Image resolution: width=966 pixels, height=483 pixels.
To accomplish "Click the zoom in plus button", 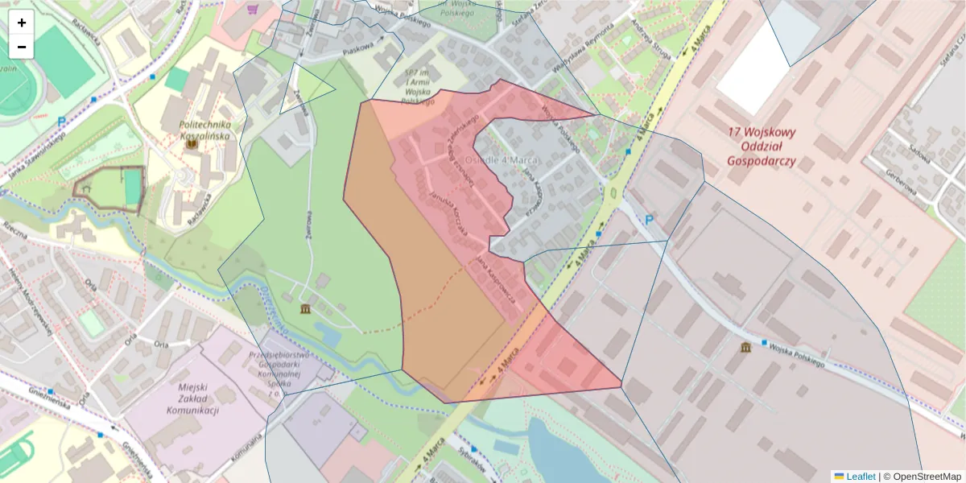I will pos(22,23).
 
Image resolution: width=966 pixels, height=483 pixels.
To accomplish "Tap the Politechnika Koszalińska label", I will pos(204,130).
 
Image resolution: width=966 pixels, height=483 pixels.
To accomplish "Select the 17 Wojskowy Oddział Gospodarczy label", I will pos(761,147).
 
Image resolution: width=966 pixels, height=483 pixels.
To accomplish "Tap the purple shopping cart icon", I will pos(253,10).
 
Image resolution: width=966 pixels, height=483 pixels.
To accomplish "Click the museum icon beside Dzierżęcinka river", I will pos(305,309).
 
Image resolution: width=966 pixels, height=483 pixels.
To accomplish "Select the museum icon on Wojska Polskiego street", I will pos(746,347).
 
